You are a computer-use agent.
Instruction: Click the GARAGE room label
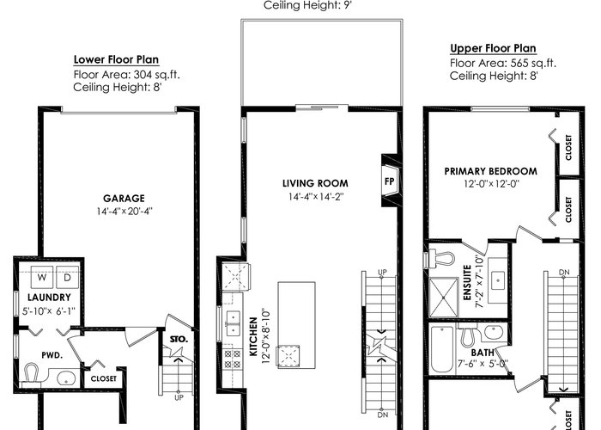[124, 199]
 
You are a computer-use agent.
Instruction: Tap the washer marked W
[42, 277]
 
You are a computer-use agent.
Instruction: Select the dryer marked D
[68, 277]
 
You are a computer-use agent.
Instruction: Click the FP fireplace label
[390, 181]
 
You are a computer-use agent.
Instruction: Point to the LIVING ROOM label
[315, 183]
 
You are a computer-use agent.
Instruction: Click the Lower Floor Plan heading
[116, 59]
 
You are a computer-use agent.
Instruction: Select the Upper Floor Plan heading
[493, 48]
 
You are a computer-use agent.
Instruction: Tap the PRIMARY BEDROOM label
[491, 171]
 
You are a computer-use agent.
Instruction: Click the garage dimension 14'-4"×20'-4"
[124, 212]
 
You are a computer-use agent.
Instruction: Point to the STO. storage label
[179, 340]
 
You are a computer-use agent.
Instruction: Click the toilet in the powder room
[31, 374]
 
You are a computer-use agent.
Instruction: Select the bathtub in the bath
[442, 349]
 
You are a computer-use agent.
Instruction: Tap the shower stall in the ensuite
[444, 298]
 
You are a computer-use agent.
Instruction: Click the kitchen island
[297, 325]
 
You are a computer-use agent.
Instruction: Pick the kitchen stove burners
[233, 359]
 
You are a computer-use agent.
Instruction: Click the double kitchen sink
[233, 322]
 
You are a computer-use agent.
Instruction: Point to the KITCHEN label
[253, 337]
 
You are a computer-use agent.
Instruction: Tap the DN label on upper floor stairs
[564, 273]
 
